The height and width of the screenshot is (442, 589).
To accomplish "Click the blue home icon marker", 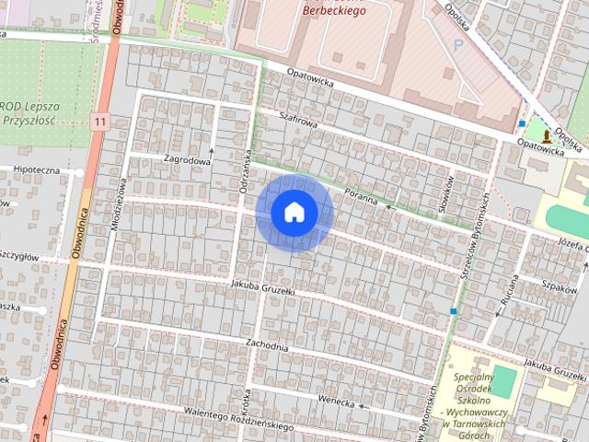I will [294, 212].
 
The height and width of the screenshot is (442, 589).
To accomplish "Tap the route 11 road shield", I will [100, 121].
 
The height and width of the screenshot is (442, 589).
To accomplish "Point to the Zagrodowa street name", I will [188, 159].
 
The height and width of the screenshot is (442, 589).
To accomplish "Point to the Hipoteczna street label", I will [37, 170].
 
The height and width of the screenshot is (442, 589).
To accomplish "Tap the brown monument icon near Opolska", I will [547, 136].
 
